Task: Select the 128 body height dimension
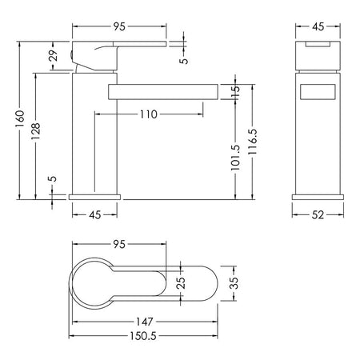[x=35, y=131]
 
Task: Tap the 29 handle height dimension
[x=54, y=55]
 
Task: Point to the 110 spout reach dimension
[x=149, y=114]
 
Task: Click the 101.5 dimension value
[x=235, y=158]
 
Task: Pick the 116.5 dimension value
[x=252, y=142]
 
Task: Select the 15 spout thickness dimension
[x=235, y=91]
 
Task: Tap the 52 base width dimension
[x=318, y=214]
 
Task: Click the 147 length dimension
[x=145, y=322]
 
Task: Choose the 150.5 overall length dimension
[x=143, y=336]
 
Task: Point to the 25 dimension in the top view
[x=181, y=283]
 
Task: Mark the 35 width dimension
[x=234, y=283]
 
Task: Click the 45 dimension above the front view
[x=318, y=26]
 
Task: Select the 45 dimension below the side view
[x=95, y=214]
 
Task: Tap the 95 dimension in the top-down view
[x=119, y=244]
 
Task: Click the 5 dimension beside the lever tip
[x=184, y=61]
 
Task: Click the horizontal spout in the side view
[x=163, y=92]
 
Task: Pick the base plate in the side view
[x=94, y=197]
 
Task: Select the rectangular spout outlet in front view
[x=318, y=92]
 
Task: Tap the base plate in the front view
[x=318, y=197]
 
